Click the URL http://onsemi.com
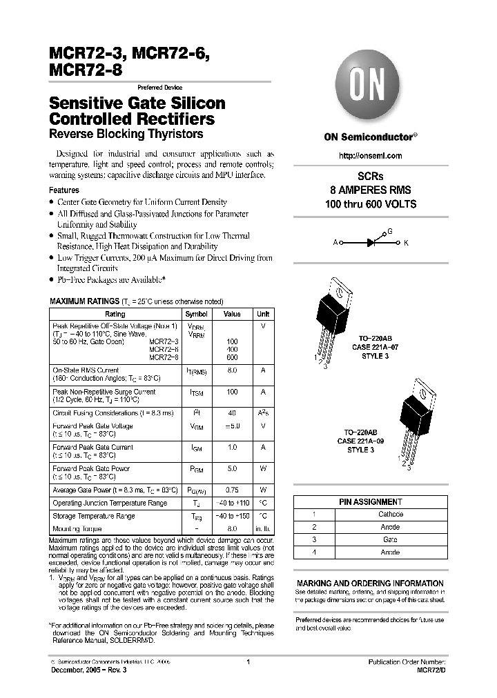coord(371,156)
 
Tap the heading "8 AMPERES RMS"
coord(371,190)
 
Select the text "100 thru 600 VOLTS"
coord(371,204)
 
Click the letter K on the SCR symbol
coord(406,243)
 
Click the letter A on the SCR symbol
coord(335,243)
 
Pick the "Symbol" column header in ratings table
coord(196,314)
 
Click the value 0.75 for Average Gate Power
coord(232,490)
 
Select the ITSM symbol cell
coord(196,392)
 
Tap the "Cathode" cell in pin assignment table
coord(391,515)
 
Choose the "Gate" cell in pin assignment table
coord(391,539)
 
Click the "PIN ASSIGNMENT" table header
coord(370,502)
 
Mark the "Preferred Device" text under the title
coord(159,88)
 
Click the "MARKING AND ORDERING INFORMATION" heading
coord(370,583)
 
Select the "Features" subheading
coord(64,190)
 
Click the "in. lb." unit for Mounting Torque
coord(262,528)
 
